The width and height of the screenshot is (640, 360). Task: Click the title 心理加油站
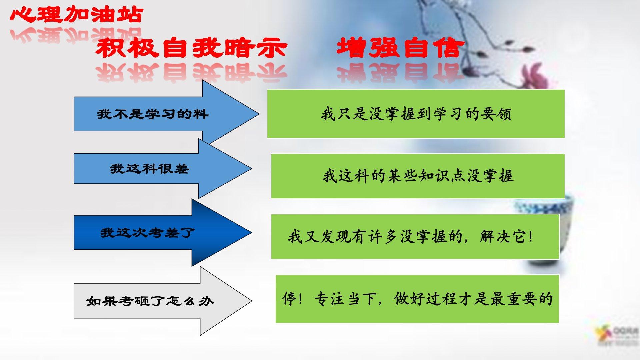tap(77, 15)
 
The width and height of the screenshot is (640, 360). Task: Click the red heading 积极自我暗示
tap(191, 48)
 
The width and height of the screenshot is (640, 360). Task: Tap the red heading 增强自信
tap(400, 48)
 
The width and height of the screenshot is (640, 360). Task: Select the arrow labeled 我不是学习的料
tap(166, 114)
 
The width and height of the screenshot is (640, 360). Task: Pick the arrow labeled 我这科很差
tap(163, 169)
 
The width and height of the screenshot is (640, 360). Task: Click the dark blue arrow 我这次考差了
tap(163, 233)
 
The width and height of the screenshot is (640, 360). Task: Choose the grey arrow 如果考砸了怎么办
tap(163, 301)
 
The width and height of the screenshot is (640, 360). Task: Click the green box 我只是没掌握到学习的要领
tap(416, 114)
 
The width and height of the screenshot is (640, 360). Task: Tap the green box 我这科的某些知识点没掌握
tap(418, 176)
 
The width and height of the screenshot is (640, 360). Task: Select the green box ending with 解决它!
tap(415, 237)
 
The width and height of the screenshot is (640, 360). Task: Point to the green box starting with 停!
tap(417, 299)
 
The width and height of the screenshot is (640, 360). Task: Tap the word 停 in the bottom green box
tap(289, 298)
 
